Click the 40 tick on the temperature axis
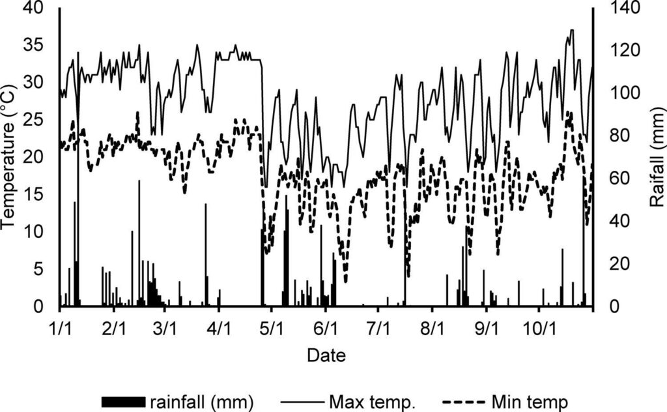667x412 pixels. (x=34, y=8)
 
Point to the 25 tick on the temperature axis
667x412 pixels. (x=34, y=120)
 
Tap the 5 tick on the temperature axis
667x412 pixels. (x=39, y=269)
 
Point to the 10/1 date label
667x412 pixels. (x=539, y=325)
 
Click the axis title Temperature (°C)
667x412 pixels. (x=9, y=157)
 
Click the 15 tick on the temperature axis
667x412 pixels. (x=34, y=195)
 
